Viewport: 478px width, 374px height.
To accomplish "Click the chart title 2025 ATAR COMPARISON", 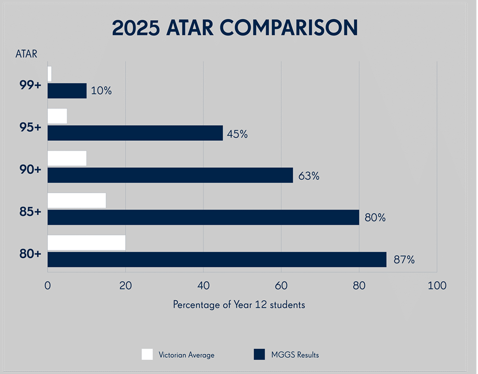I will [235, 28].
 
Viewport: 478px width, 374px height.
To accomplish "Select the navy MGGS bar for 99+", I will [67, 90].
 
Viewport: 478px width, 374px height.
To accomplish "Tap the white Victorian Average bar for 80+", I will [87, 242].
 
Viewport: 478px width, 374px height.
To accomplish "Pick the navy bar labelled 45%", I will [135, 132].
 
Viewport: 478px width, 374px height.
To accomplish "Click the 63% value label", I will [308, 176].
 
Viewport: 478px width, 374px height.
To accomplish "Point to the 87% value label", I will [404, 260].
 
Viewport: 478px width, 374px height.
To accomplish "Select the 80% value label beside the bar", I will [375, 218].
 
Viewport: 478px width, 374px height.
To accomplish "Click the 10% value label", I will [101, 91].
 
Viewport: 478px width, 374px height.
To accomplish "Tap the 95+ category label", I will [31, 128].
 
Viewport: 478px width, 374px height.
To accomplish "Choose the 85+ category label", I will [31, 212].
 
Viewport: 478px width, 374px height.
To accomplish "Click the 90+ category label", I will [31, 170].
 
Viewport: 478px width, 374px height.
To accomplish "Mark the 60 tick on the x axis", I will [281, 286].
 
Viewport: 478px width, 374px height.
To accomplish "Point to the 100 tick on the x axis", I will [437, 286].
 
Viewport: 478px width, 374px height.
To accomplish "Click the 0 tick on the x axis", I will [48, 286].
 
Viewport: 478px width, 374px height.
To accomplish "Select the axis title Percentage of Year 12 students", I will [239, 305].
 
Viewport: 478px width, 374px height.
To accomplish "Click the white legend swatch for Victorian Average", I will [147, 354].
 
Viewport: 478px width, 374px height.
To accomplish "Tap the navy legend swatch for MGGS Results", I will [259, 354].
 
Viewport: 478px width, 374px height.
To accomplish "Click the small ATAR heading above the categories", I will [26, 54].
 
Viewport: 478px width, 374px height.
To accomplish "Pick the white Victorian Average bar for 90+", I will [67, 158].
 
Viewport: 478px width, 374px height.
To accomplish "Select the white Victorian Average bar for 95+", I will [57, 116].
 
